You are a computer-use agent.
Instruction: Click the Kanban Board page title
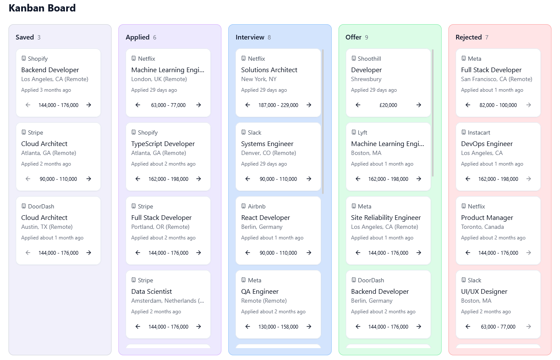[x=42, y=8]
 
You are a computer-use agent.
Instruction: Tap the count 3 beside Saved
[x=39, y=37]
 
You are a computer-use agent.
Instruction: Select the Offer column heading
[x=353, y=37]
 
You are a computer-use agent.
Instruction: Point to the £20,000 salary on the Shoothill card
[x=388, y=105]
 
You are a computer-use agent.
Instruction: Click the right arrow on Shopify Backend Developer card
[x=89, y=105]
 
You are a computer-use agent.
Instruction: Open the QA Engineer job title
[x=260, y=292]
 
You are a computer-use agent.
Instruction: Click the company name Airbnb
[x=257, y=206]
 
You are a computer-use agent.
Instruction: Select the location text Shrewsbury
[x=366, y=79]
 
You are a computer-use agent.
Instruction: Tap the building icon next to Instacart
[x=464, y=132]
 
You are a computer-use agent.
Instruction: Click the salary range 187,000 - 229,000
[x=278, y=105]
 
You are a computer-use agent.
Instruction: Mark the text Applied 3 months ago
[x=46, y=90]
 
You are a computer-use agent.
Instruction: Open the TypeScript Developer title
[x=163, y=144]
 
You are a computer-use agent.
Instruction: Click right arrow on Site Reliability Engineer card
[x=419, y=253]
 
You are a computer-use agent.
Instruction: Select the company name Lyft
[x=362, y=132]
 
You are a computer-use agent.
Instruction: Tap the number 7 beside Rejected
[x=487, y=37]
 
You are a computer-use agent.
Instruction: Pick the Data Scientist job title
[x=151, y=292]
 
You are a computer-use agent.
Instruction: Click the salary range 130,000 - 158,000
[x=278, y=327]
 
